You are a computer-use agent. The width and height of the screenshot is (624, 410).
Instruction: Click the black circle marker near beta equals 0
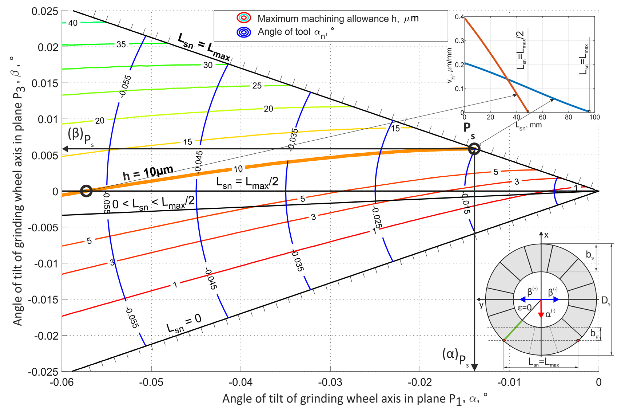(86, 191)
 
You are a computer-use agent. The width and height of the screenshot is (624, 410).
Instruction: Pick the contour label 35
(121, 44)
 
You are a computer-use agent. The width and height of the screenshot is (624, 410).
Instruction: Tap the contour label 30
(208, 65)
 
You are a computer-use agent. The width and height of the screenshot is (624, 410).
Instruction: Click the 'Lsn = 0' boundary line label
(184, 323)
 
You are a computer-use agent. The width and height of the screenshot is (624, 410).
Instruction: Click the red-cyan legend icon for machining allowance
(244, 18)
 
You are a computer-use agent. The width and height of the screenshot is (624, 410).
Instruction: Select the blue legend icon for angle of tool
(244, 32)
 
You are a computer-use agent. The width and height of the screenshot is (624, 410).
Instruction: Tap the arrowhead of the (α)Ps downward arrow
(475, 367)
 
